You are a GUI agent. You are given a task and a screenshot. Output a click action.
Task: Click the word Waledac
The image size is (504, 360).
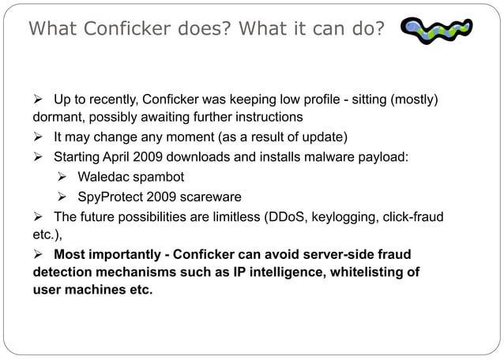[107, 176]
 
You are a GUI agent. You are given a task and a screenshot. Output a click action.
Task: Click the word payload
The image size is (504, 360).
[382, 156]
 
